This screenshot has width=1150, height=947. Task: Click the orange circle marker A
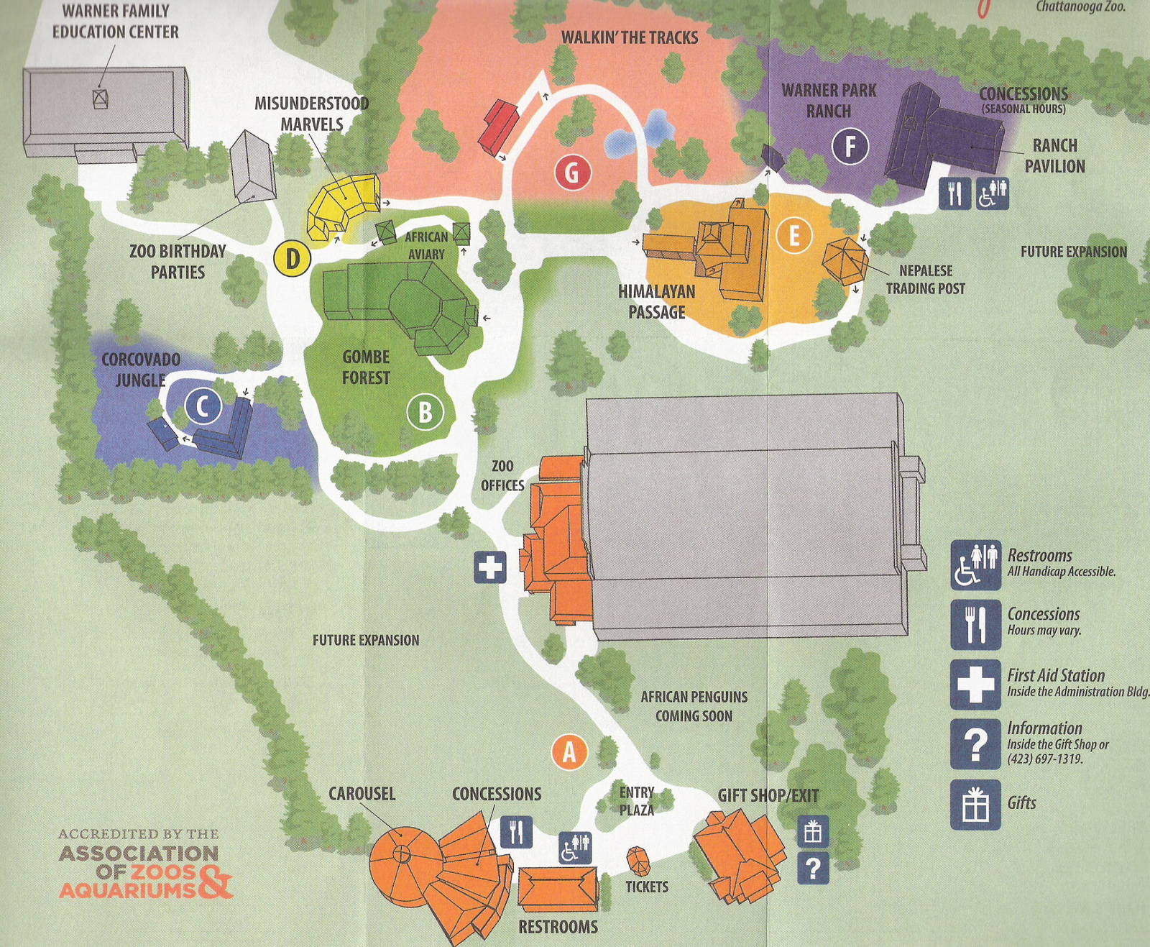[x=569, y=752]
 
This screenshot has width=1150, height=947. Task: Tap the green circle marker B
[x=425, y=413]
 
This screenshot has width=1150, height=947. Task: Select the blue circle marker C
[x=203, y=407]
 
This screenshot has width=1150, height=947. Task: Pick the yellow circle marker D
[x=293, y=258]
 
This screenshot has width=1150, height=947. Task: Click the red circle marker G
[x=572, y=173]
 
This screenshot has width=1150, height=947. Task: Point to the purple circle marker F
[x=850, y=147]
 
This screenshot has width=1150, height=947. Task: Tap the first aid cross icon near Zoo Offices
[x=490, y=567]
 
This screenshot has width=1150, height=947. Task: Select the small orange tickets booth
[x=638, y=860]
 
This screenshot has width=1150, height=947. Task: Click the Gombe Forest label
[x=366, y=367]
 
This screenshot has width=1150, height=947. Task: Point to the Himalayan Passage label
[x=656, y=301]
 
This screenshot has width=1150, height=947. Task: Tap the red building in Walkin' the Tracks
[x=499, y=127]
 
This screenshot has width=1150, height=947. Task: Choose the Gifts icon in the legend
[x=975, y=805]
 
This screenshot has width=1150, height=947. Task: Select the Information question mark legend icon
[x=975, y=744]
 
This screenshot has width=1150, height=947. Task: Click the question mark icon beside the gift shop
[x=813, y=869]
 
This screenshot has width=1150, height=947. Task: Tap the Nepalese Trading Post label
[x=925, y=279]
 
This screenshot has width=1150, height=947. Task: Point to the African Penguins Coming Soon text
[x=694, y=706]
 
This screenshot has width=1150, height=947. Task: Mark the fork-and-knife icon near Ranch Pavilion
[x=954, y=194]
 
